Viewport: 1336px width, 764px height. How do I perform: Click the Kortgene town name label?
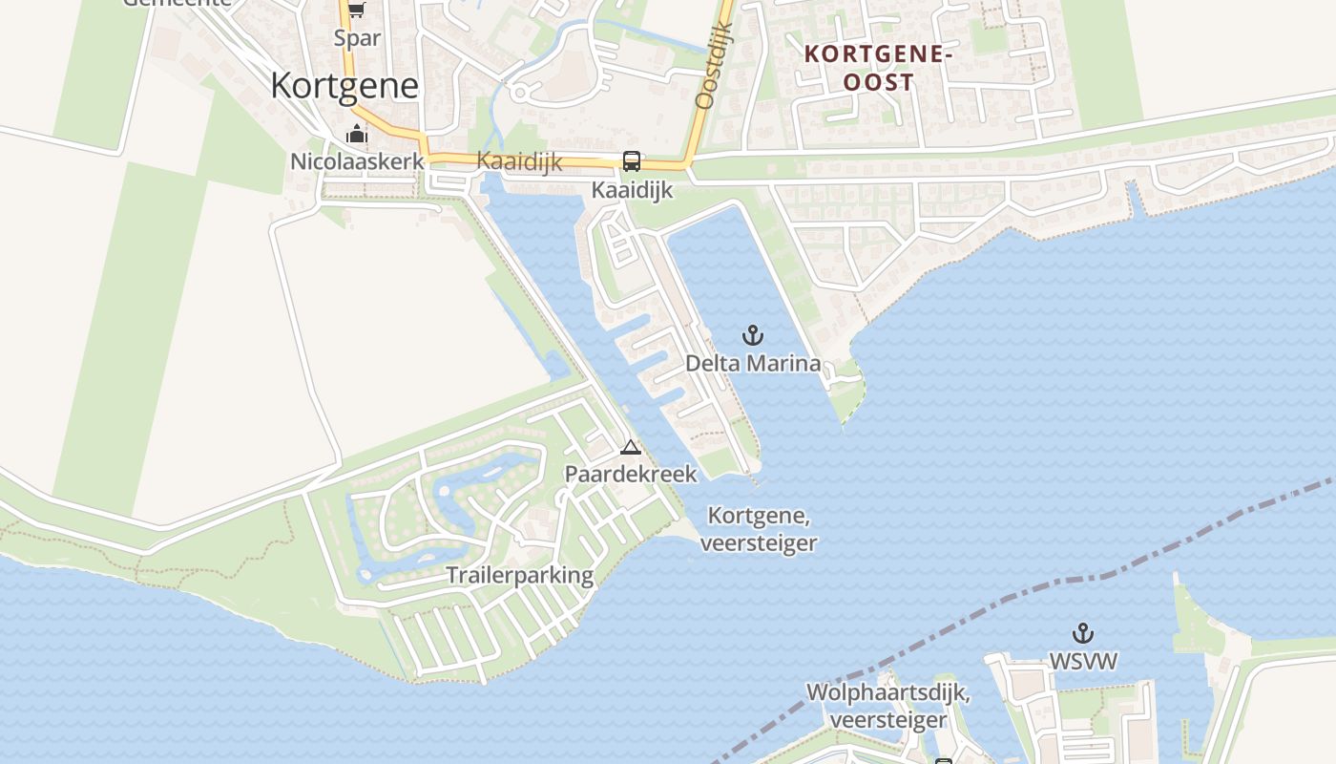click(344, 86)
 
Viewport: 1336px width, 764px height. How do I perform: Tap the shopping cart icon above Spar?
click(357, 11)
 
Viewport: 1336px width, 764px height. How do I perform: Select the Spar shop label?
click(357, 38)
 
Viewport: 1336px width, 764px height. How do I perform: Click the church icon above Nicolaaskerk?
click(357, 134)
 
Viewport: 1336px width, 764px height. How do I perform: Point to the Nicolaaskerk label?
click(357, 161)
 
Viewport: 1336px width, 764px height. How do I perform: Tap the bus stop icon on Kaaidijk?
click(632, 161)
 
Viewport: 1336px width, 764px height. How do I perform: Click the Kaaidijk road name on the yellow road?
click(519, 160)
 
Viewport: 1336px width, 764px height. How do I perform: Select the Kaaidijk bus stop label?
click(632, 190)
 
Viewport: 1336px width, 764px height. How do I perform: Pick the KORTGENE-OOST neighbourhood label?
click(879, 68)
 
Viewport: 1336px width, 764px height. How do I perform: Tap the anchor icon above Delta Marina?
click(753, 335)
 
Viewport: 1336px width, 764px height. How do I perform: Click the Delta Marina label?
click(753, 363)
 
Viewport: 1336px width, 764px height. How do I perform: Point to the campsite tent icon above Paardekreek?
click(631, 447)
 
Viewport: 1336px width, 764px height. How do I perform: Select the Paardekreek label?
click(631, 474)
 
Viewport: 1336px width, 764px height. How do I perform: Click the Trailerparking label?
click(520, 575)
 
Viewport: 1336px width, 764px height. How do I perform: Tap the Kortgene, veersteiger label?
click(759, 529)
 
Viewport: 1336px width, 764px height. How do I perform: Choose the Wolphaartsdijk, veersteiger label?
click(888, 706)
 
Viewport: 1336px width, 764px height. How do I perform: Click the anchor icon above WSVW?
click(1083, 633)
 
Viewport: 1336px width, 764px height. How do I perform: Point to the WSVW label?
click(1083, 661)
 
